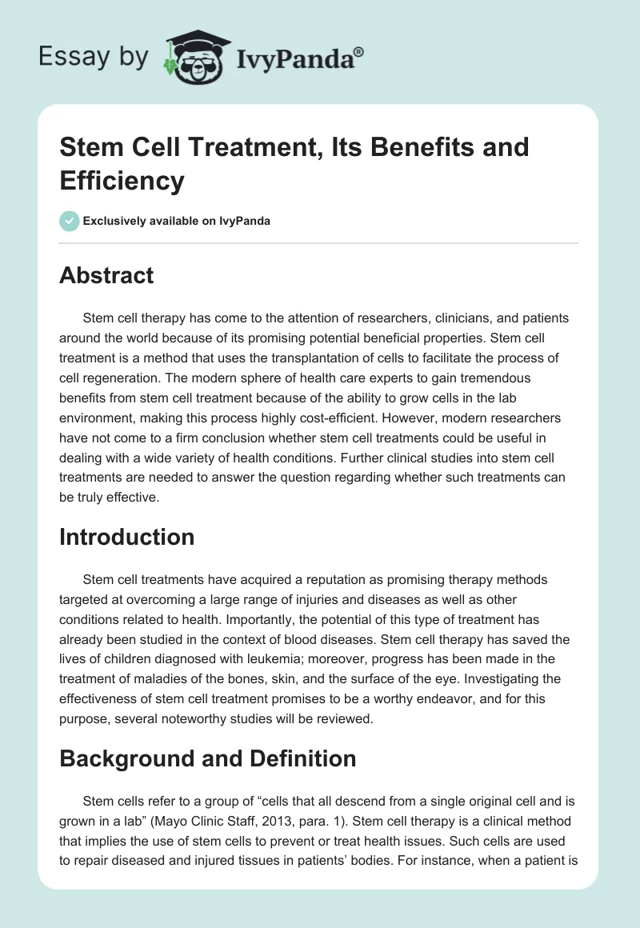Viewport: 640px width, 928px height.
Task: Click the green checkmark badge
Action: (x=70, y=221)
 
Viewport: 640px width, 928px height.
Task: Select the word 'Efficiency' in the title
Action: (x=122, y=180)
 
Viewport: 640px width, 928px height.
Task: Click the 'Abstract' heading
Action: (x=106, y=275)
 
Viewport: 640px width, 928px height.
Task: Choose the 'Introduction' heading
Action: (x=127, y=537)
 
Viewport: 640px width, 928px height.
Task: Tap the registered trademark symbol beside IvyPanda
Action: (x=359, y=51)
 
